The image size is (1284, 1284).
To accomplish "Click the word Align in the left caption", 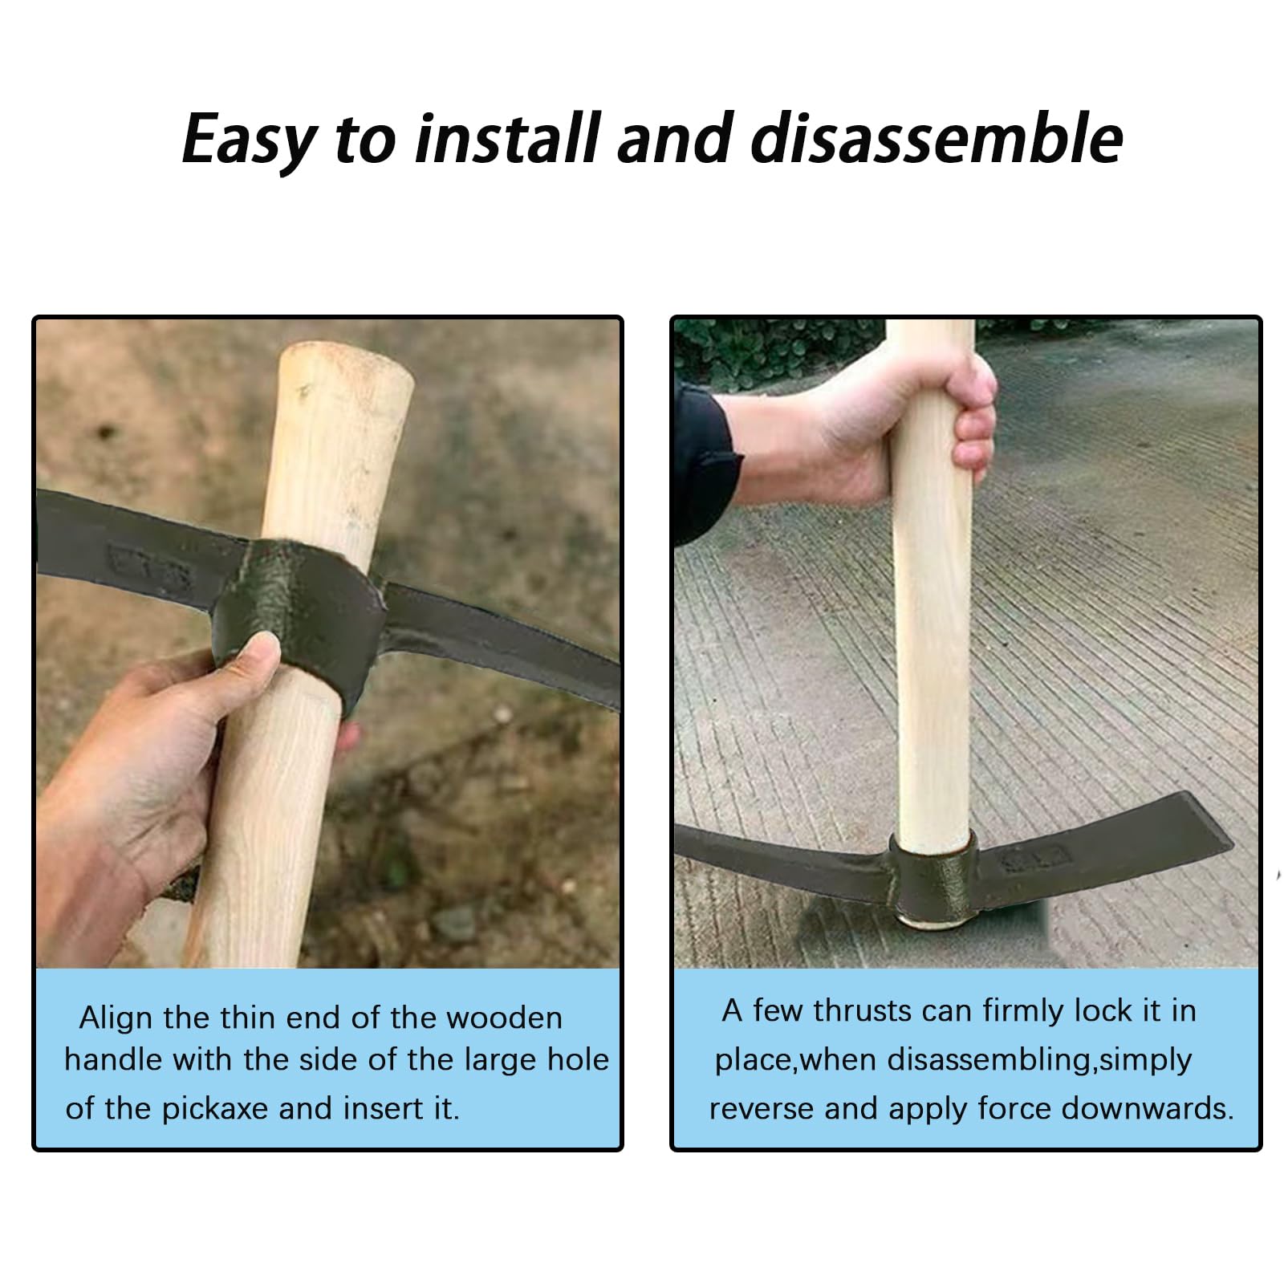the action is point(116,1018).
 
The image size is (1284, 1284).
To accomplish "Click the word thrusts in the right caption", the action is point(863,1011).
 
